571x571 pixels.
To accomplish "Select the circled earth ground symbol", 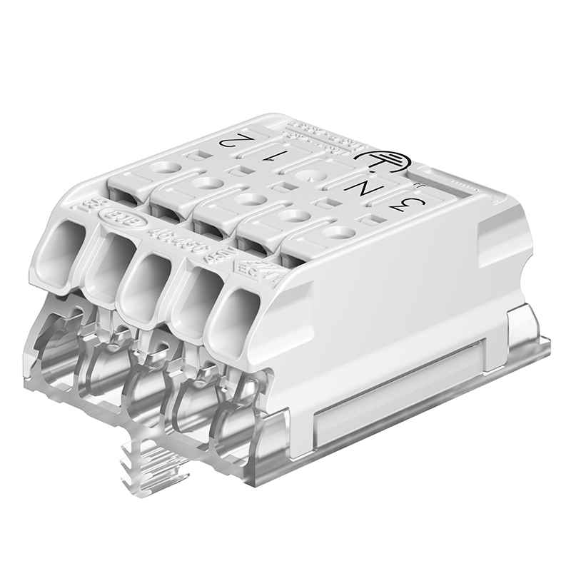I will pos(378,158).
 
